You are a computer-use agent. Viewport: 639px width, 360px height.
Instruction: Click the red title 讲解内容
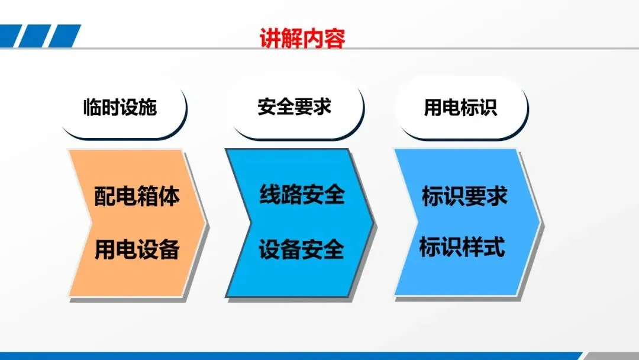tap(302, 38)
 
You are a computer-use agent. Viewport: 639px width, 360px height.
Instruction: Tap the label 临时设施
tap(120, 107)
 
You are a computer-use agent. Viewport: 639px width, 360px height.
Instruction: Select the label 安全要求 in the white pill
tap(294, 107)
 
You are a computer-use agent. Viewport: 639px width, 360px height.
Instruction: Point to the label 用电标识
tap(460, 107)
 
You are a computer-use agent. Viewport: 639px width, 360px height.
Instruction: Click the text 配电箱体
tap(137, 196)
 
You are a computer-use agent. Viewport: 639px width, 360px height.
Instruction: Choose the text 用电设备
tap(137, 249)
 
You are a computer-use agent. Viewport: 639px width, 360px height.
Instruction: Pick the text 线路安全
tap(302, 194)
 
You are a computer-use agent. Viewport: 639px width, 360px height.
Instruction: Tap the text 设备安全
tap(301, 249)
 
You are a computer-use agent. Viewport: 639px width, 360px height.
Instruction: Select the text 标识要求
tap(464, 196)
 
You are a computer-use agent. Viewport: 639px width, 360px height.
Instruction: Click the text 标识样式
tap(462, 247)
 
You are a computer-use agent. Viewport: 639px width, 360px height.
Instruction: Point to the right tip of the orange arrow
tap(205, 223)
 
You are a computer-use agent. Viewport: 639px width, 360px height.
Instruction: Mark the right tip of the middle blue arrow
tap(373, 223)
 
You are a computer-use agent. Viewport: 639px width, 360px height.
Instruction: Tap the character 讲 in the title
tap(270, 38)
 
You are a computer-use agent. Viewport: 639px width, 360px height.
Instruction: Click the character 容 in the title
tap(335, 38)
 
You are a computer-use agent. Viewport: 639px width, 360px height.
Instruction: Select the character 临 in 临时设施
tap(92, 107)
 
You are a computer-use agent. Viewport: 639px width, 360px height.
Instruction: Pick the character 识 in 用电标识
tap(488, 107)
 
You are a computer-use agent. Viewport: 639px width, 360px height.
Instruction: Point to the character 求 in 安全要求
tap(322, 107)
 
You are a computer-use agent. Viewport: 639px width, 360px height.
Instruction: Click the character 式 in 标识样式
tap(495, 247)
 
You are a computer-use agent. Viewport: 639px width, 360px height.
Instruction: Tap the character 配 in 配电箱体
tap(105, 196)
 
